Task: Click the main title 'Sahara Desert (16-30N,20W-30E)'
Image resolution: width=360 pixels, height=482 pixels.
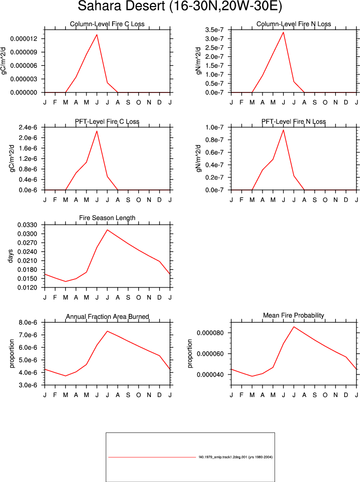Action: (180, 6)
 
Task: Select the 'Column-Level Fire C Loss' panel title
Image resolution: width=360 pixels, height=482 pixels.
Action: (107, 24)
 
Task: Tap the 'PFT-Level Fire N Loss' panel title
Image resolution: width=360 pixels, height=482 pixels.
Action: (294, 122)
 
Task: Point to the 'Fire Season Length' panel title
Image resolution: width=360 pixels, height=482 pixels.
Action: (107, 218)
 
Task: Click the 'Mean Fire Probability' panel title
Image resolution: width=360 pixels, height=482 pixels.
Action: (294, 315)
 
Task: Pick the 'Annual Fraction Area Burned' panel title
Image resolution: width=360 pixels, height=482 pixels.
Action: (107, 316)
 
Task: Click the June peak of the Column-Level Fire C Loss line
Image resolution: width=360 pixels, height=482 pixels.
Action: (97, 34)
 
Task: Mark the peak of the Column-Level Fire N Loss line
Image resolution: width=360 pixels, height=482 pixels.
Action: (283, 32)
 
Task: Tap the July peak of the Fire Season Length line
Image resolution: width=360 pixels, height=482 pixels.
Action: (107, 230)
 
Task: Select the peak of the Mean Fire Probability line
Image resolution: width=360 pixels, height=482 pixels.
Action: (294, 327)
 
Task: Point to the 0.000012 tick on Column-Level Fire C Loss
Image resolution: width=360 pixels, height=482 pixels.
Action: (24, 39)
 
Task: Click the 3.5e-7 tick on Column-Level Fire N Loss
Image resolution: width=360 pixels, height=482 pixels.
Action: (214, 30)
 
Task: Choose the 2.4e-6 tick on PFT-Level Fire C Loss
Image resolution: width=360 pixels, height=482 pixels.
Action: (28, 127)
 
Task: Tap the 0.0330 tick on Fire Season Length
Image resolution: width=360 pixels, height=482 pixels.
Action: (27, 225)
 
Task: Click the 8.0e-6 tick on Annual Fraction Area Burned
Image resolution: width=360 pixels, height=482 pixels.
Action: (28, 323)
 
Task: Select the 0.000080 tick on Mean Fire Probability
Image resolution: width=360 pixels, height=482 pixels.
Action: (210, 333)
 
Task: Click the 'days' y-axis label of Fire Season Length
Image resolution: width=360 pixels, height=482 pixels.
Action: (11, 256)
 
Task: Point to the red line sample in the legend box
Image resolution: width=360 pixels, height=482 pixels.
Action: (152, 457)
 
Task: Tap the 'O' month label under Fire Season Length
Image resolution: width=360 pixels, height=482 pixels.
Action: (139, 297)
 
